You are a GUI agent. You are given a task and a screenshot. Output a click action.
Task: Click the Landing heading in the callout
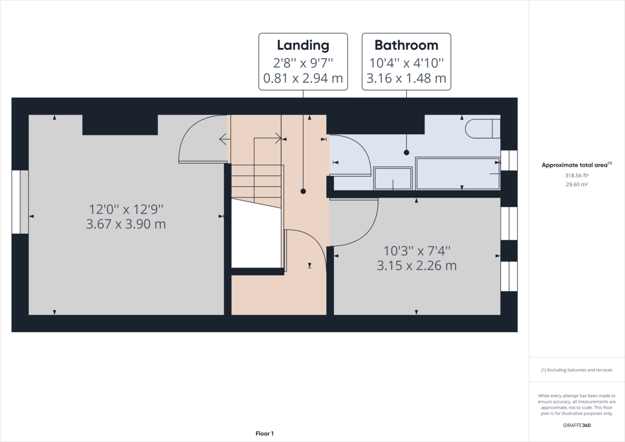click(x=303, y=45)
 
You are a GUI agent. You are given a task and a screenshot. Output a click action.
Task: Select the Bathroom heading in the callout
click(x=406, y=45)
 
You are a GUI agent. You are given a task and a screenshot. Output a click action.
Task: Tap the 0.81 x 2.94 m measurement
click(x=303, y=79)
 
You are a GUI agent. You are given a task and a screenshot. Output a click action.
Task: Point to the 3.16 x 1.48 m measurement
click(x=406, y=79)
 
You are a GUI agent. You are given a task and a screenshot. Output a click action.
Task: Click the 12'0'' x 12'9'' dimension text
click(x=127, y=210)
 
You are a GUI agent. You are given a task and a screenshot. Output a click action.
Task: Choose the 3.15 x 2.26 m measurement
click(x=417, y=265)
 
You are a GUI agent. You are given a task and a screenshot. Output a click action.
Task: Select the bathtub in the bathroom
click(x=457, y=173)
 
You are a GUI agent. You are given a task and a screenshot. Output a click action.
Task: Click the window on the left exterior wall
click(x=20, y=202)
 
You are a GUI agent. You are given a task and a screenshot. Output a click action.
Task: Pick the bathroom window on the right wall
click(x=509, y=161)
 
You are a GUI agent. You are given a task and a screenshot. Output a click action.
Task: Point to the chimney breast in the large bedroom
click(x=120, y=125)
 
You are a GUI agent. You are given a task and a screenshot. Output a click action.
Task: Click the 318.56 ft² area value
click(x=577, y=176)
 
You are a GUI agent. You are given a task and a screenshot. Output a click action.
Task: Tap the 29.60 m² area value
click(x=577, y=184)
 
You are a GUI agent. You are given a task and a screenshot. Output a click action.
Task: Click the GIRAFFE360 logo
click(x=577, y=425)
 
